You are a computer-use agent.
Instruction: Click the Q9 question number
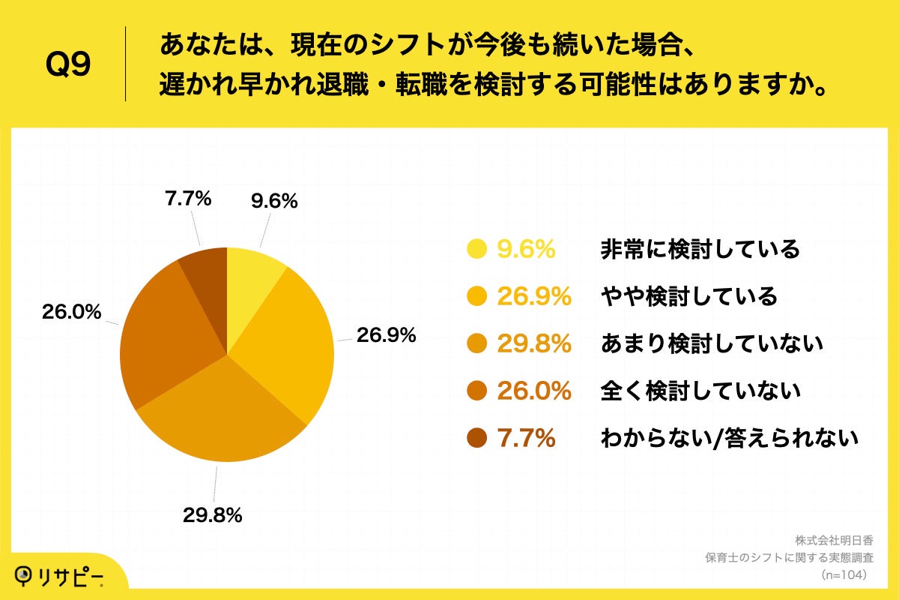pyautogui.click(x=68, y=64)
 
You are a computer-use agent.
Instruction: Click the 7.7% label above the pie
pyautogui.click(x=187, y=199)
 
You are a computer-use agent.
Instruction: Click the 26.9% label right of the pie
pyautogui.click(x=386, y=335)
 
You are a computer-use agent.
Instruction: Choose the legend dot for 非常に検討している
pyautogui.click(x=476, y=249)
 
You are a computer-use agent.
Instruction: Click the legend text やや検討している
pyautogui.click(x=689, y=296)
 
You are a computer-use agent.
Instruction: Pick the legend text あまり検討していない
pyautogui.click(x=712, y=343)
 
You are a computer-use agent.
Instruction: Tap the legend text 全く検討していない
pyautogui.click(x=700, y=391)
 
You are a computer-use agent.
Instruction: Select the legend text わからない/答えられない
pyautogui.click(x=729, y=438)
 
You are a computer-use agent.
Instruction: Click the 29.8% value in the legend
pyautogui.click(x=534, y=343)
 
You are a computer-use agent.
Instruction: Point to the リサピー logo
pyautogui.click(x=60, y=576)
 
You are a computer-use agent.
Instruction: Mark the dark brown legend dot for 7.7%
pyautogui.click(x=476, y=438)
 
